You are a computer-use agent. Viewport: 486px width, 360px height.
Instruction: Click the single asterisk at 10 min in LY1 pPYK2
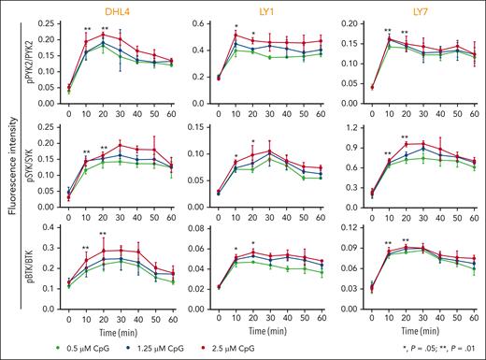(236, 26)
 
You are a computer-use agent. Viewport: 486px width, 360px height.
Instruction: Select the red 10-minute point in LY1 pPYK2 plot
(236, 36)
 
